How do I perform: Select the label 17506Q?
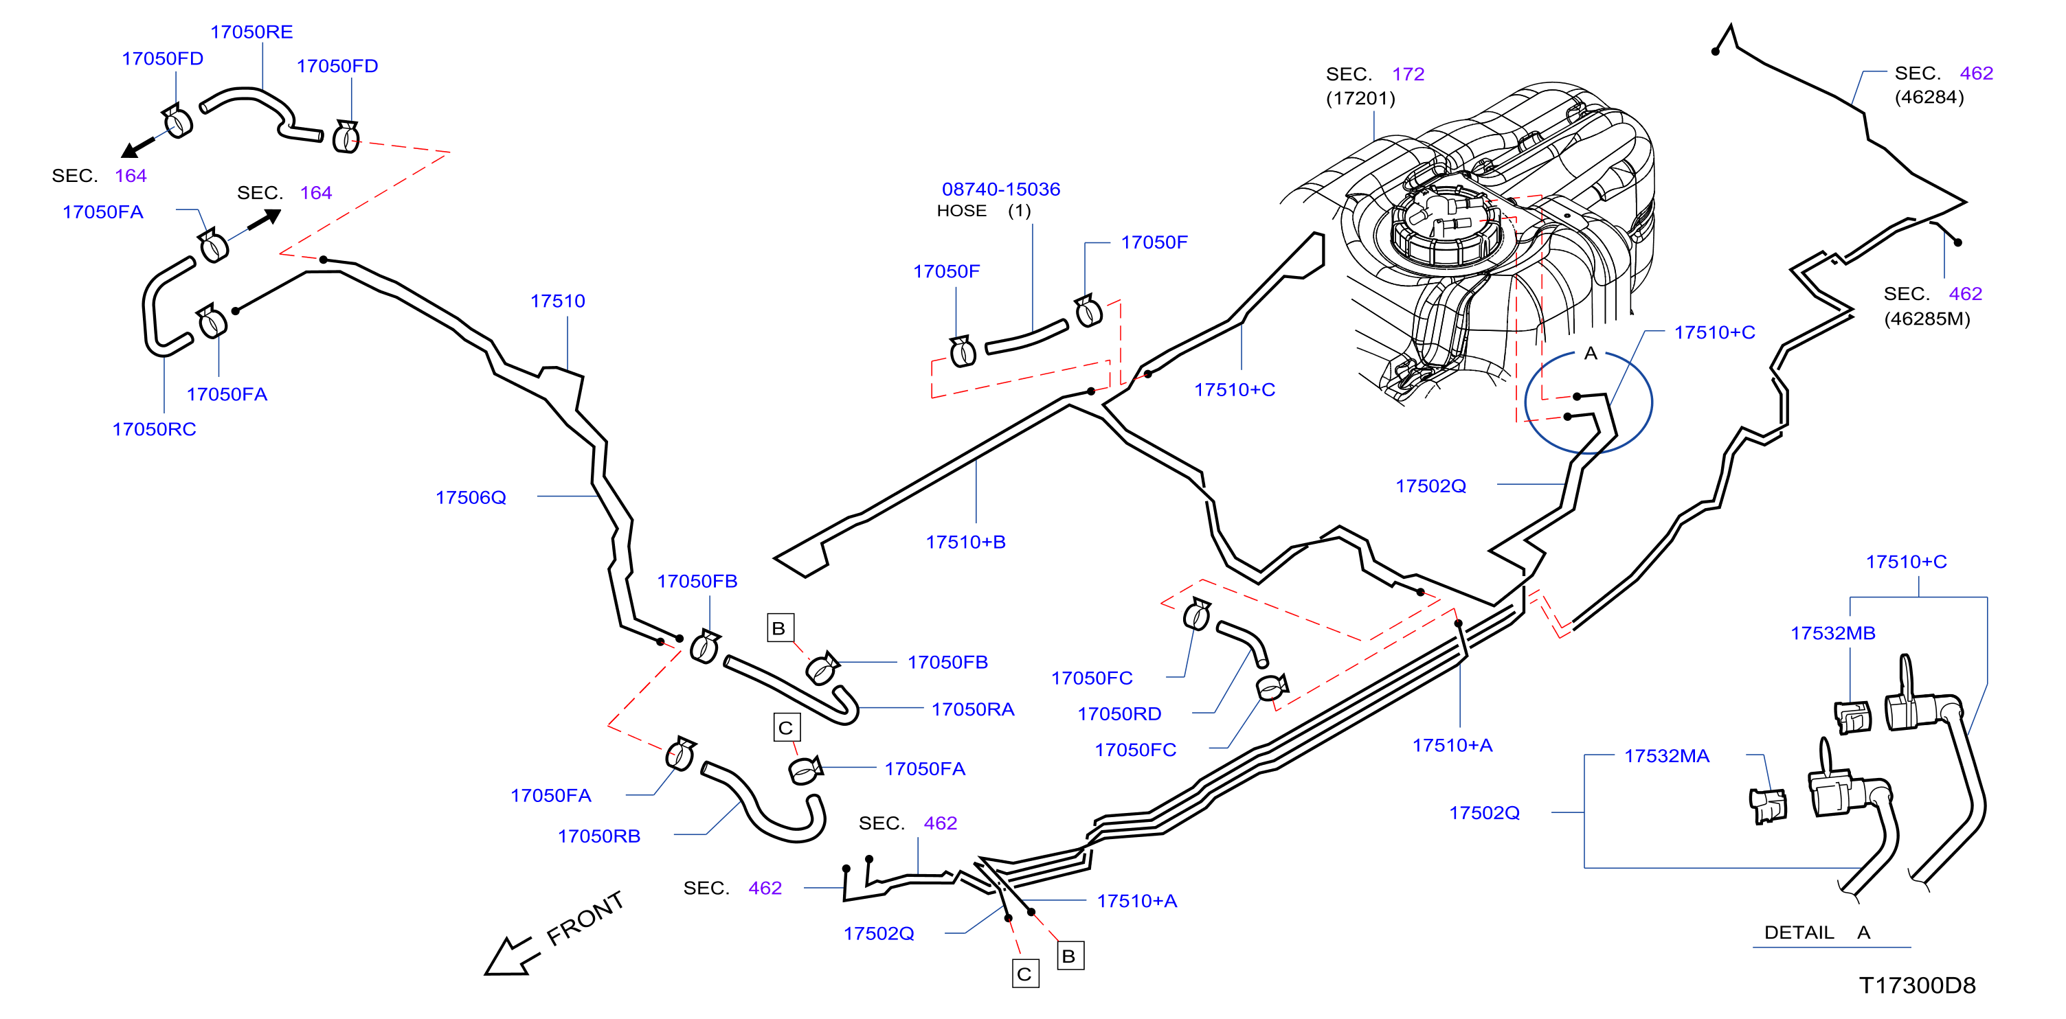point(471,498)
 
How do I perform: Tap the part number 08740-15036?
point(1001,190)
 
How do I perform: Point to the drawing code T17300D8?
point(1918,985)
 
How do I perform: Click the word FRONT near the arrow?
point(585,918)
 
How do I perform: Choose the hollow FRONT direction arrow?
point(508,956)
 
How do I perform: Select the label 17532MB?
point(1833,633)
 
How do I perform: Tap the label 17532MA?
point(1667,756)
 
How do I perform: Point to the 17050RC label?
point(154,430)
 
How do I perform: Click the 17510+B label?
point(965,542)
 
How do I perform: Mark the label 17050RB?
point(599,836)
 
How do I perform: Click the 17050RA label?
point(973,709)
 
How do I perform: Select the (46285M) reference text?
point(1927,319)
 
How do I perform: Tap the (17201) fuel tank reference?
point(1361,98)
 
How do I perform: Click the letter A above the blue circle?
point(1591,354)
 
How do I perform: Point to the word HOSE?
point(962,211)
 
